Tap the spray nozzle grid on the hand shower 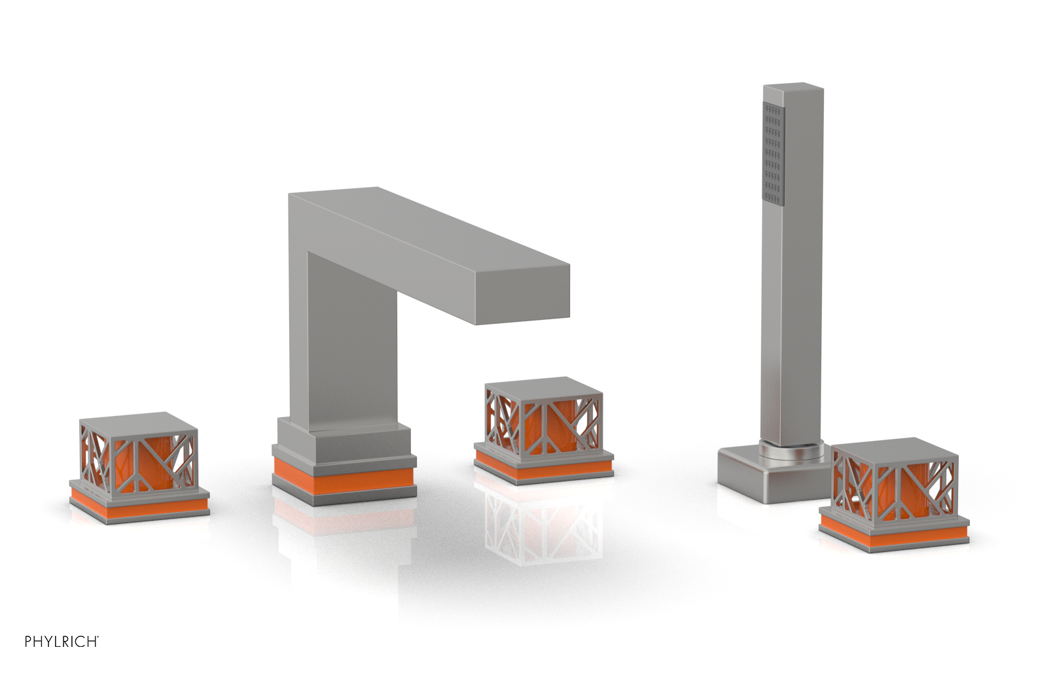click(773, 153)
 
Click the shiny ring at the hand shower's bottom click(792, 450)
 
